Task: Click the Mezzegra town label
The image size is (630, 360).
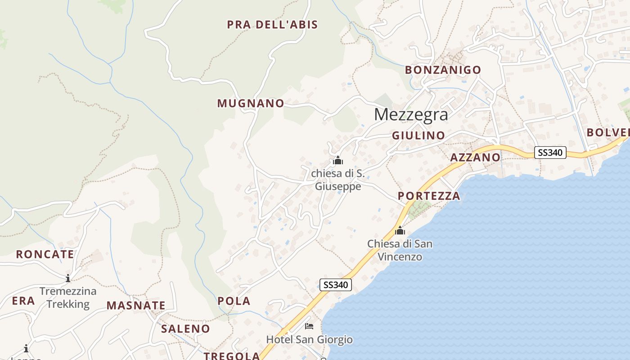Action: (411, 114)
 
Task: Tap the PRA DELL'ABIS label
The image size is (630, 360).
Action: (272, 24)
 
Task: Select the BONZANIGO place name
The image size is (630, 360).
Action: (443, 70)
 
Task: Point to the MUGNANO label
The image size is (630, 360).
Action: (251, 103)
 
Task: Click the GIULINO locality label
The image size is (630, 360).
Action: (418, 135)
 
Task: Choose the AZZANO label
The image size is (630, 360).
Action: (475, 157)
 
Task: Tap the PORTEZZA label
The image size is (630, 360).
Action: (429, 196)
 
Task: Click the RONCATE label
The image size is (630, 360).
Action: (45, 254)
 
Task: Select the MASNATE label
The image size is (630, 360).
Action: (136, 306)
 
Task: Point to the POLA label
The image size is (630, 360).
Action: (234, 301)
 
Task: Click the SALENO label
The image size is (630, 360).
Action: (185, 328)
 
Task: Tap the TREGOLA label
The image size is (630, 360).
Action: (232, 355)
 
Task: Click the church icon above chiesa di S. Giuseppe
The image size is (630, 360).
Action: (338, 160)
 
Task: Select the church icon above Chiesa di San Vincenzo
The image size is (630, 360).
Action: (400, 231)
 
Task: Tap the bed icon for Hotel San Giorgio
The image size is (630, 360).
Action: (309, 326)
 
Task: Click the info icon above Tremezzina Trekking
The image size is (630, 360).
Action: (67, 278)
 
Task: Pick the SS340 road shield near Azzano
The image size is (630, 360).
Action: (550, 153)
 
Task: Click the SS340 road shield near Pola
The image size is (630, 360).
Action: (336, 284)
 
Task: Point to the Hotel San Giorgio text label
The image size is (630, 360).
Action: (310, 339)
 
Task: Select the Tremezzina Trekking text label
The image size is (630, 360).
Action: (68, 297)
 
